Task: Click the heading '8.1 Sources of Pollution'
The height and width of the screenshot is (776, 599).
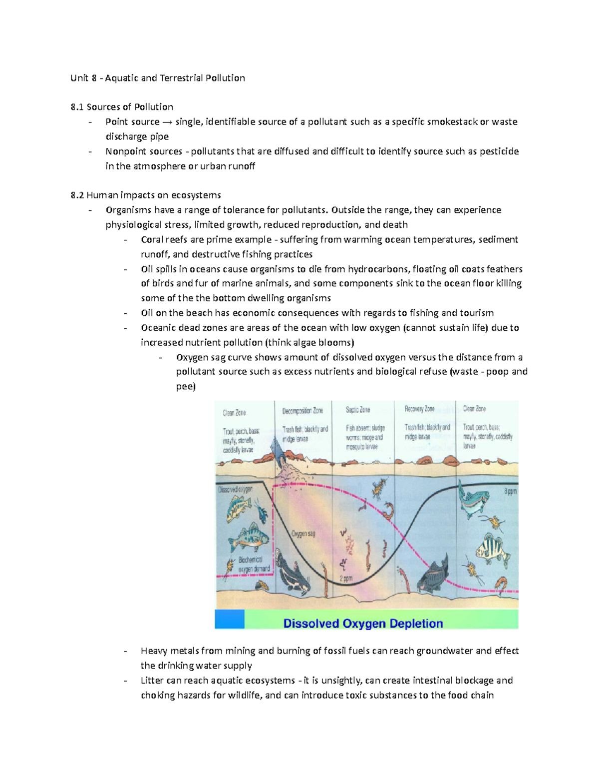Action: (122, 107)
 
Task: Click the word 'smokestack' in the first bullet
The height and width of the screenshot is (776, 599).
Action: (452, 122)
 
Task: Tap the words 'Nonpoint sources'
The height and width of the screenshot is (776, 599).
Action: (144, 151)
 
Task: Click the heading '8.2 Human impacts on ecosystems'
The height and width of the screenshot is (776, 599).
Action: (146, 195)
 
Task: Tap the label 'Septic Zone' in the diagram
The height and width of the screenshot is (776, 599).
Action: (358, 410)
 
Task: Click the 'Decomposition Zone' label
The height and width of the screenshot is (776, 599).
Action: (302, 411)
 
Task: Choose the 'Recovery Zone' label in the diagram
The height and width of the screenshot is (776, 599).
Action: (419, 409)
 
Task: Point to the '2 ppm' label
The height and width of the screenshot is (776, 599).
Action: (346, 579)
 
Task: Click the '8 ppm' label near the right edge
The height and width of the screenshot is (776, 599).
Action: (510, 492)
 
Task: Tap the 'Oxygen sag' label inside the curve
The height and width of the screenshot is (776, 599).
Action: (303, 534)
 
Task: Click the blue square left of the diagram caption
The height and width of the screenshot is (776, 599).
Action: (230, 619)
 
